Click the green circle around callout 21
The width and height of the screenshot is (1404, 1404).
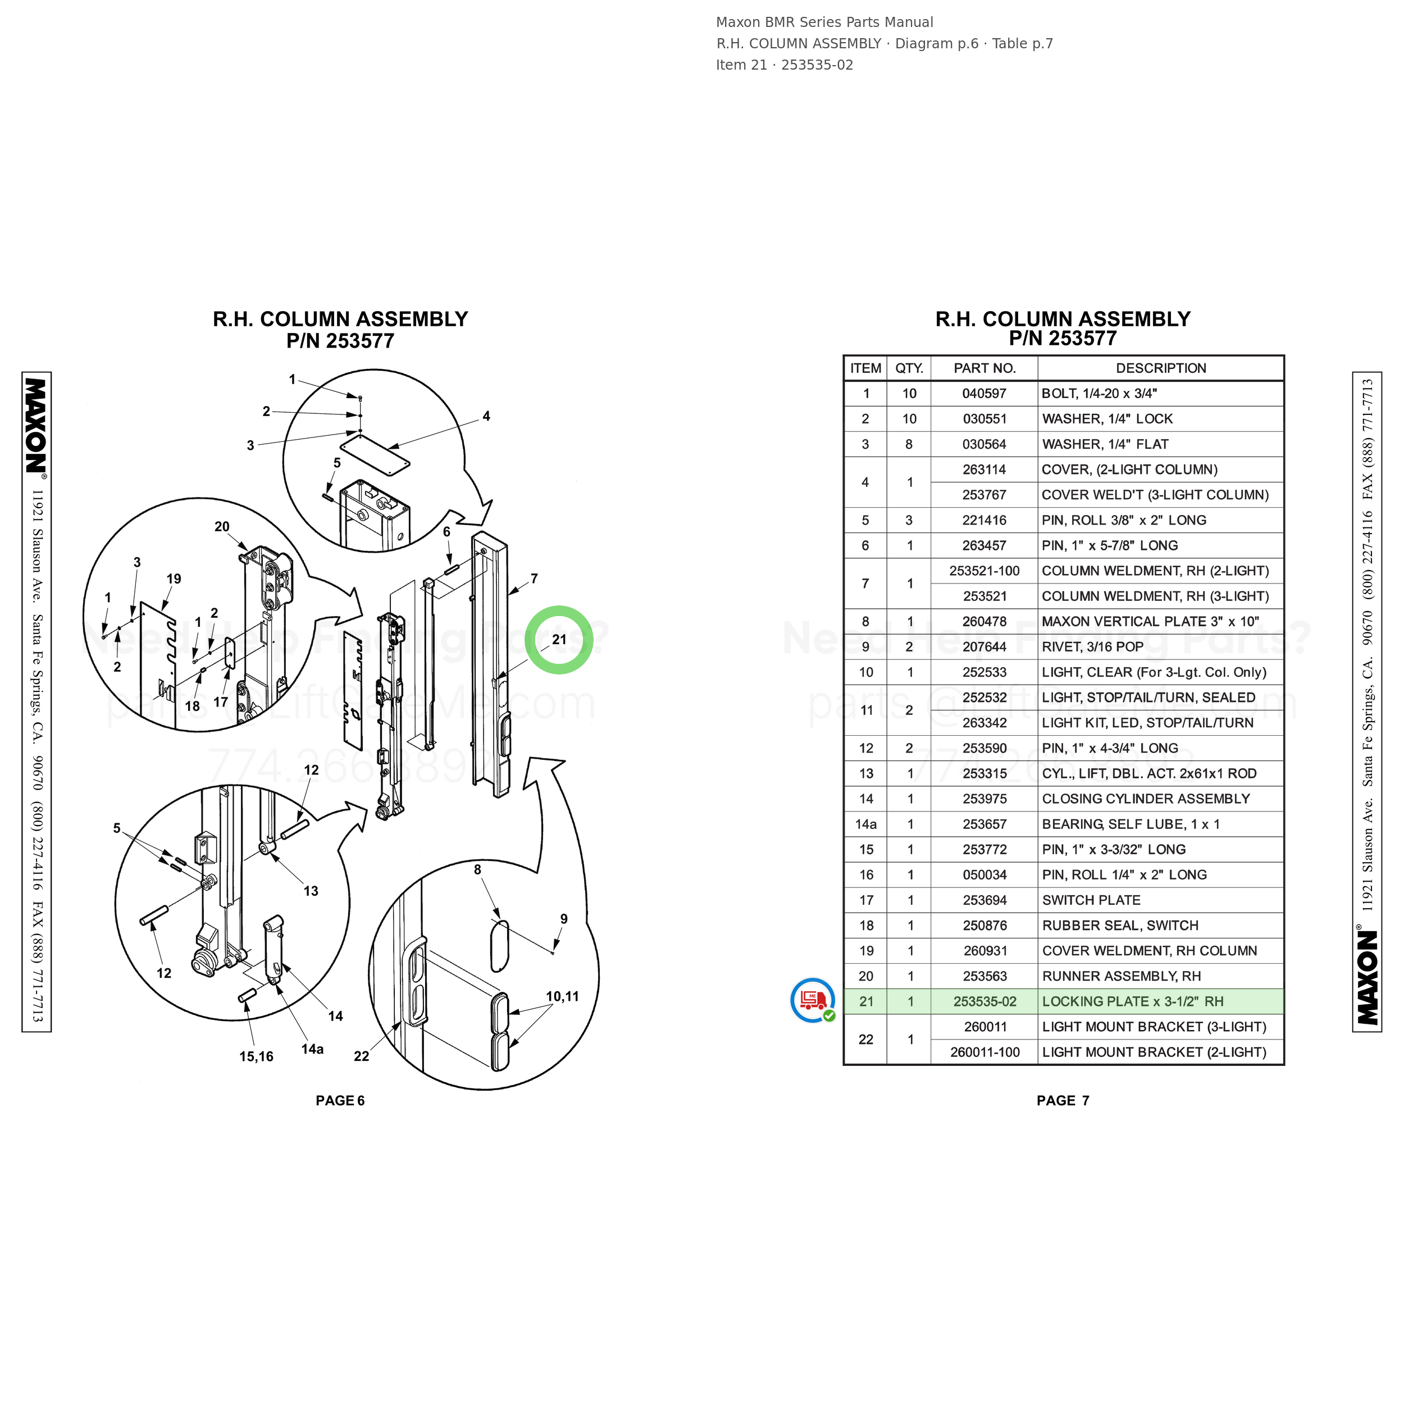tap(559, 608)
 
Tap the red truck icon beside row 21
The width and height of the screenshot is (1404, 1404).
tap(813, 1000)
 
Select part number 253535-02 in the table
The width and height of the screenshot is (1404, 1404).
tap(984, 1001)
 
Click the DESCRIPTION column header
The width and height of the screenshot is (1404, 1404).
tap(1161, 368)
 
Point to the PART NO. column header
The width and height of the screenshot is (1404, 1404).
tap(984, 368)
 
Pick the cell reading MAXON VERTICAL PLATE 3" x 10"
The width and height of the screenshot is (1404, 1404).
tap(1150, 621)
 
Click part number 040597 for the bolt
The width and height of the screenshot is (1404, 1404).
tap(984, 394)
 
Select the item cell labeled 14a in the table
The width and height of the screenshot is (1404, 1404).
tap(865, 824)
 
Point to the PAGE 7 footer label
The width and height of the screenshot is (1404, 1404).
tap(1063, 1100)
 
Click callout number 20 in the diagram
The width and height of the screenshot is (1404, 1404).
tap(222, 527)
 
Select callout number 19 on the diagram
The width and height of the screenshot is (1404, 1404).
tap(174, 579)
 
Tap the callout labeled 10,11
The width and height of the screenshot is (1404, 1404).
tap(563, 996)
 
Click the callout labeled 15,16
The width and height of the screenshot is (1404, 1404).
tap(257, 1056)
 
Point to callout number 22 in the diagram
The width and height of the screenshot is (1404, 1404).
tap(361, 1056)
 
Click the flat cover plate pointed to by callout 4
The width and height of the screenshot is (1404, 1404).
tap(375, 455)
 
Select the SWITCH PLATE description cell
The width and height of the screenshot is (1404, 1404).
tap(1091, 900)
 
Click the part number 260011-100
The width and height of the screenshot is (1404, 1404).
tap(984, 1052)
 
